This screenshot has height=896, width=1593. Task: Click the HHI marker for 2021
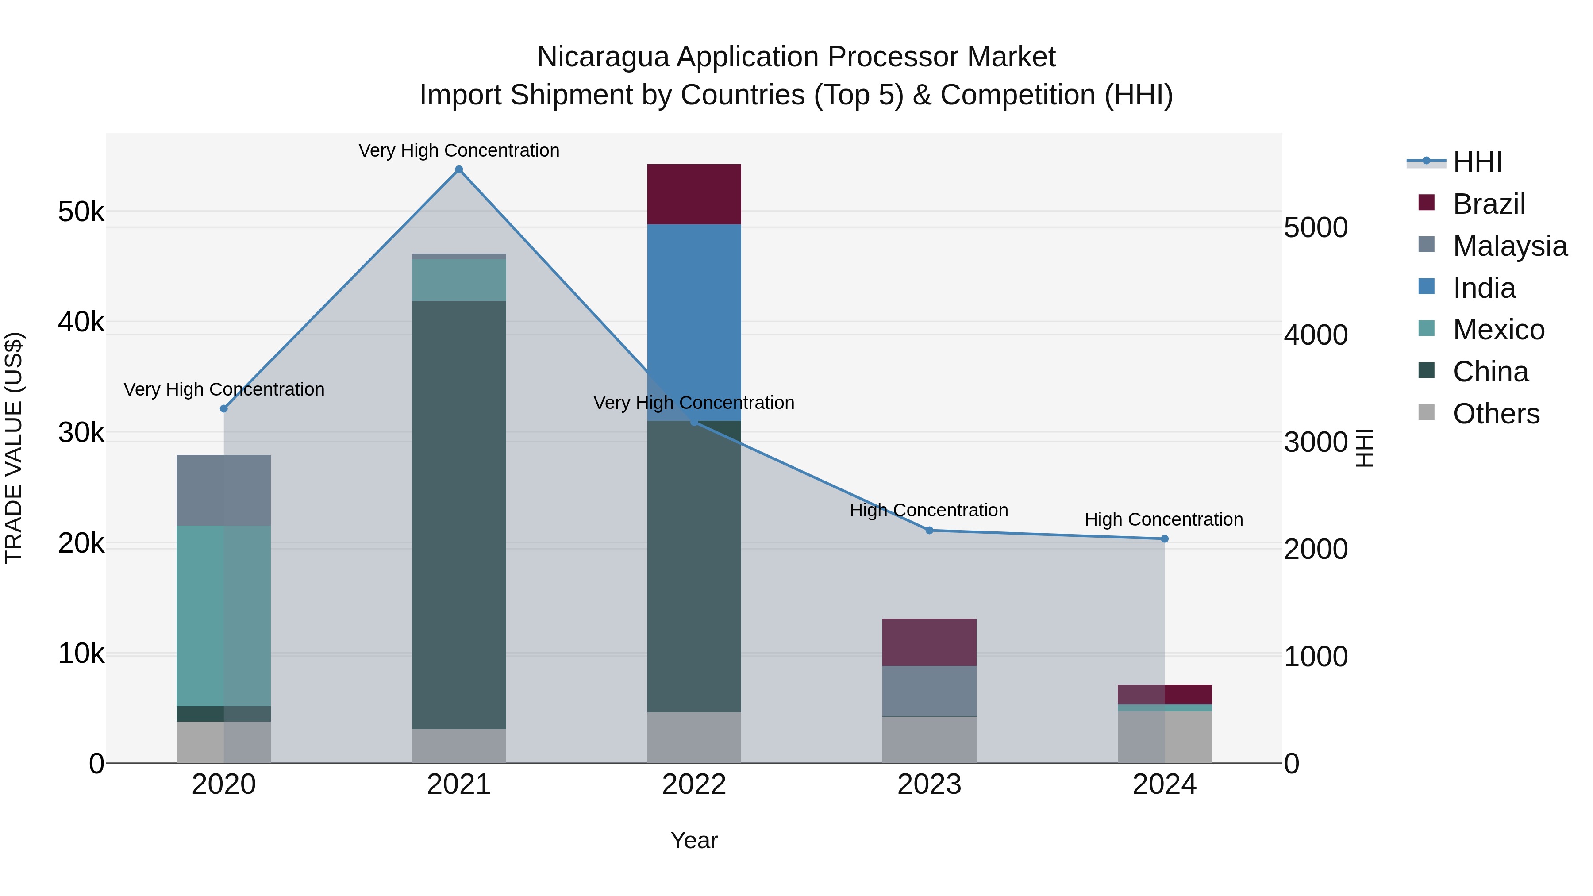[x=459, y=169]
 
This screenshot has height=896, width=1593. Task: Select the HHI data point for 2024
[x=1165, y=538]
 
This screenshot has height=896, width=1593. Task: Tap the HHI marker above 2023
[x=929, y=530]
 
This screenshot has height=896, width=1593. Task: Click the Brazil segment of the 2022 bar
[x=694, y=194]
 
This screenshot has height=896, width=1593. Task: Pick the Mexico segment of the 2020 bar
[x=223, y=615]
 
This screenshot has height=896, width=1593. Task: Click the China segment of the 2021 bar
[x=459, y=513]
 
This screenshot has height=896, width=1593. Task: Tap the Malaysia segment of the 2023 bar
[x=929, y=691]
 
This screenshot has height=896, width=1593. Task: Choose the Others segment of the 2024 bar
[x=1165, y=737]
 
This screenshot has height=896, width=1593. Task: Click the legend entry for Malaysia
[x=1509, y=246]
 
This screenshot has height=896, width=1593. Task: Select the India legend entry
[x=1484, y=288]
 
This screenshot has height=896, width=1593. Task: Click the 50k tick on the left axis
[x=81, y=212]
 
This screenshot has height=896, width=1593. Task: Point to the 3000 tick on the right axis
[x=1316, y=442]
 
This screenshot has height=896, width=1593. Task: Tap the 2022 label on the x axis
[x=694, y=784]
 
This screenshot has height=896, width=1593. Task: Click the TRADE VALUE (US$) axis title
[x=14, y=448]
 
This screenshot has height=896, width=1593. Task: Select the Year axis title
[x=694, y=840]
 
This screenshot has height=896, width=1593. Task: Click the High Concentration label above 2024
[x=1163, y=519]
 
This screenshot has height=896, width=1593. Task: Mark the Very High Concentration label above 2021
[x=459, y=150]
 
